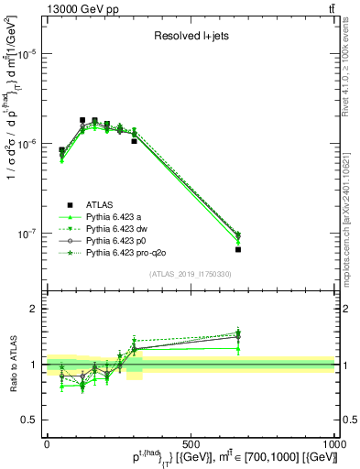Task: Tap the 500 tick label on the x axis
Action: click(191, 443)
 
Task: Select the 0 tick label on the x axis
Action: click(46, 443)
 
